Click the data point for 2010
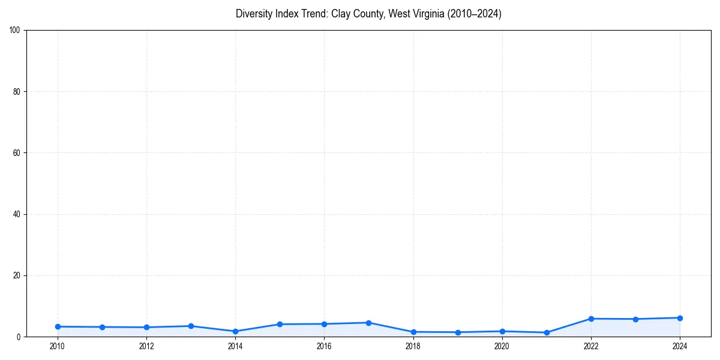[58, 326]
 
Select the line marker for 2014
[235, 331]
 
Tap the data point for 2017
[368, 323]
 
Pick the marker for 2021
[547, 332]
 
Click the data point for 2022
[591, 319]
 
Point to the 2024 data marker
[680, 318]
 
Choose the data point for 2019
[458, 332]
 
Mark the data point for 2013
[191, 326]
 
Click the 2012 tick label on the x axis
[146, 346]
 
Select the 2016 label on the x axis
[324, 346]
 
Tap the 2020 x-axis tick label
[502, 346]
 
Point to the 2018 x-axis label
[413, 346]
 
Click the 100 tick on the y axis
[15, 30]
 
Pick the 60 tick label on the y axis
[17, 153]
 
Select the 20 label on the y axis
[17, 275]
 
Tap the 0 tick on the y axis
[19, 337]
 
